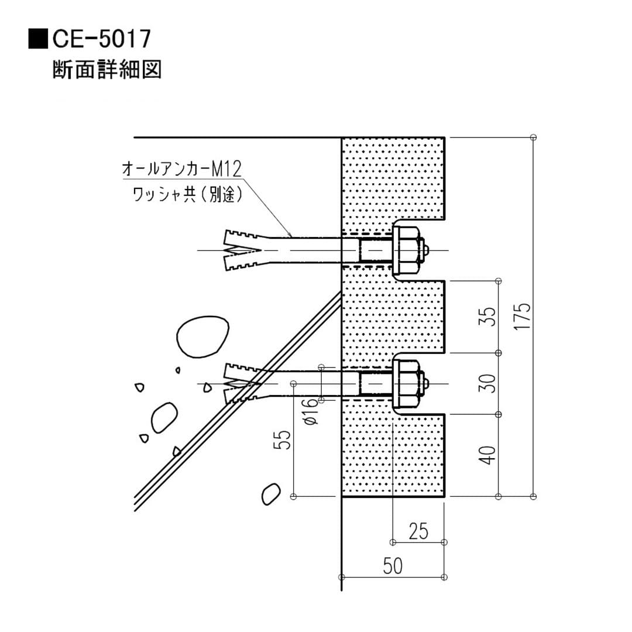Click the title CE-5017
(102, 39)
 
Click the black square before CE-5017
(39, 39)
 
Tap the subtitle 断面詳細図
(107, 70)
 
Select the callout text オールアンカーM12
(181, 170)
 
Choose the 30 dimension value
(489, 383)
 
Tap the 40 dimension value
(489, 455)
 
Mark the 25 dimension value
(418, 531)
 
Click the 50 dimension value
(393, 566)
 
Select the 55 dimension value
(284, 440)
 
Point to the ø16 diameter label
(311, 412)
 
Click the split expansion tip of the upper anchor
(240, 250)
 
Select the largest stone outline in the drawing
(202, 337)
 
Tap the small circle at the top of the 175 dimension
(533, 137)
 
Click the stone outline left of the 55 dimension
(270, 493)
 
